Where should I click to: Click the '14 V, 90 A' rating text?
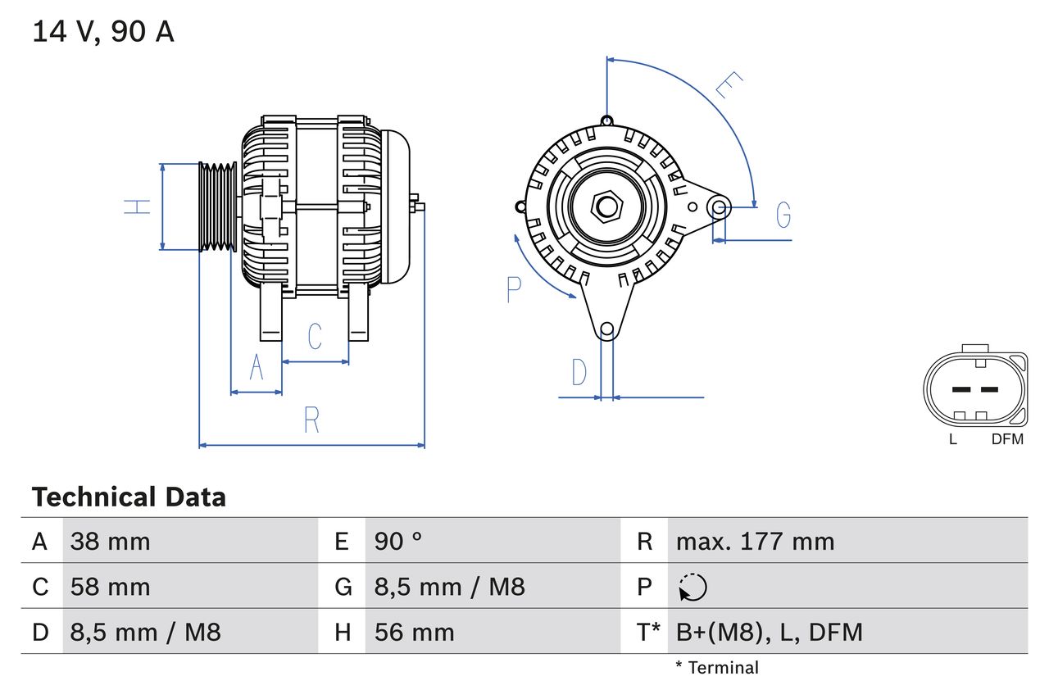(x=103, y=32)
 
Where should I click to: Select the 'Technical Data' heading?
(x=129, y=497)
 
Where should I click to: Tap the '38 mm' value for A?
(x=110, y=542)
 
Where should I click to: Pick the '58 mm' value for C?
(x=110, y=587)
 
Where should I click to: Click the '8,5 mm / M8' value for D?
(x=145, y=632)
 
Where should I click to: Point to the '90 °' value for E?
(x=398, y=542)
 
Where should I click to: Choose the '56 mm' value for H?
(x=414, y=632)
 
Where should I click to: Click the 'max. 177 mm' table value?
(x=755, y=542)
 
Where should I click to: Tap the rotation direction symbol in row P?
(x=693, y=587)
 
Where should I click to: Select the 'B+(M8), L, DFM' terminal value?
(x=769, y=632)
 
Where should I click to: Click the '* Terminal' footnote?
(x=717, y=668)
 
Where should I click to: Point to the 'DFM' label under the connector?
(x=1007, y=439)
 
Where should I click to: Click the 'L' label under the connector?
(x=952, y=439)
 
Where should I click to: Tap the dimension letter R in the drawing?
(x=311, y=420)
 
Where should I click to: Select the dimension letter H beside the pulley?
(x=139, y=207)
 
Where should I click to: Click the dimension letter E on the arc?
(x=728, y=85)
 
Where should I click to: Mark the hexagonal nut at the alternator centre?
(x=606, y=206)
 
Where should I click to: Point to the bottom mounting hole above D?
(x=606, y=330)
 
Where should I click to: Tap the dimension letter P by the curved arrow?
(x=514, y=289)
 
